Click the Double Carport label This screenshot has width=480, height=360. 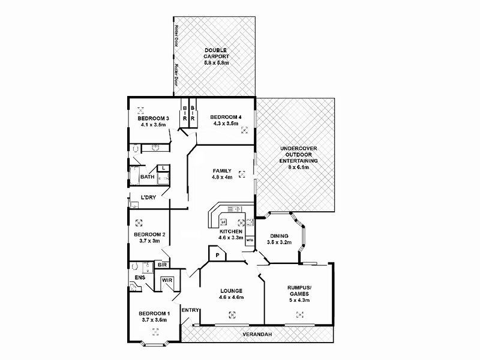[x=214, y=53]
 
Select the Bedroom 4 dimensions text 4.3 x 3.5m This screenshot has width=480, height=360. [x=226, y=124]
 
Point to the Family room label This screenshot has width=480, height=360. [x=221, y=170]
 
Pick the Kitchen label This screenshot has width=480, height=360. [x=230, y=231]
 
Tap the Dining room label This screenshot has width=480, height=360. [x=280, y=236]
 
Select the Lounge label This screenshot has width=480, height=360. [x=231, y=291]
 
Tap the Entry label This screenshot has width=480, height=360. [x=190, y=310]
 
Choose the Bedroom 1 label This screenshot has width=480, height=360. [x=154, y=313]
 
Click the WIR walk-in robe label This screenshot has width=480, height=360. [x=166, y=280]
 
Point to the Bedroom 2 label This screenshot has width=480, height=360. [x=149, y=235]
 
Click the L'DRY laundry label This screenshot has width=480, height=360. [x=149, y=198]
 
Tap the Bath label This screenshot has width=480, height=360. [x=147, y=177]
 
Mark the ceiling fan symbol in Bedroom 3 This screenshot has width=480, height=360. [x=142, y=110]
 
